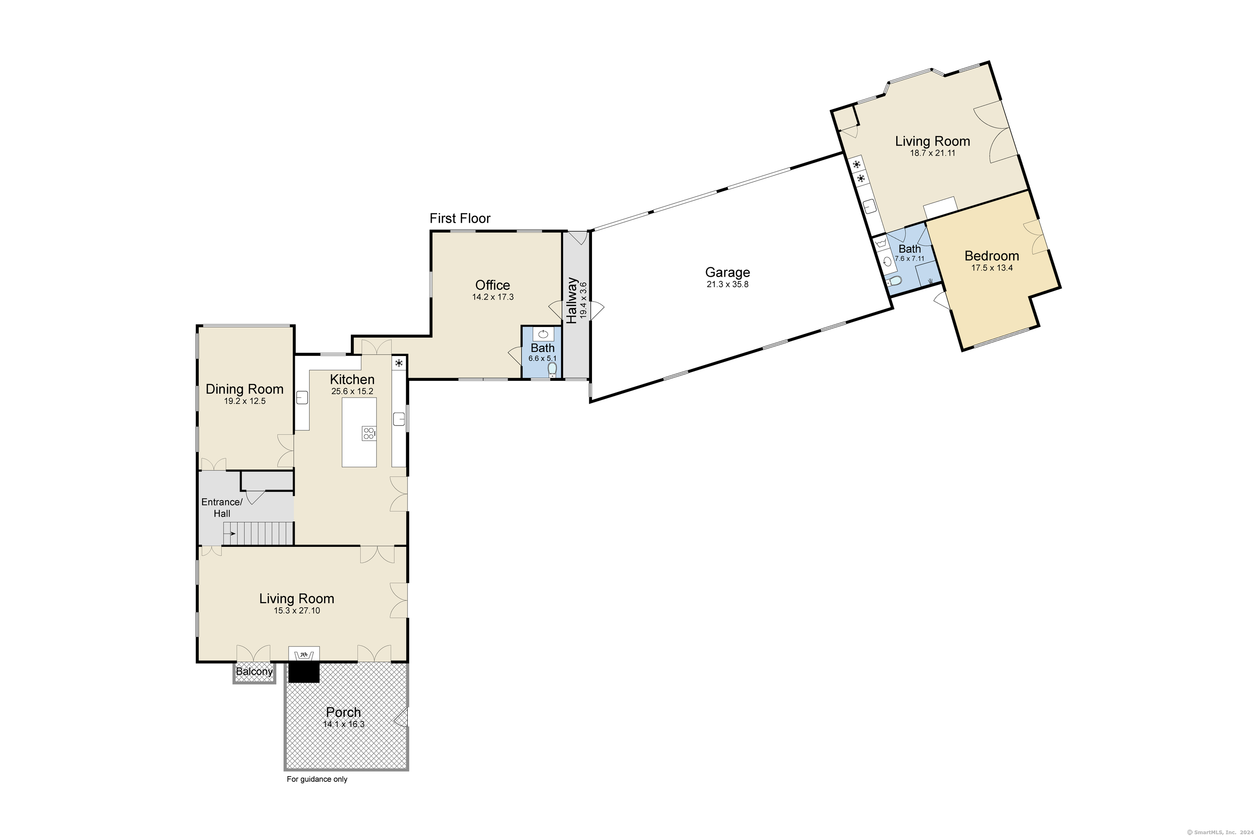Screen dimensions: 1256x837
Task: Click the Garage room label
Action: point(727,272)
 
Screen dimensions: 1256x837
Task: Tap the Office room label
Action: point(492,285)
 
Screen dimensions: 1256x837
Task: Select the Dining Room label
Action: point(244,389)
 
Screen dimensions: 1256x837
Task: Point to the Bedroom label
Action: point(991,256)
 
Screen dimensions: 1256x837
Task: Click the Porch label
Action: point(343,712)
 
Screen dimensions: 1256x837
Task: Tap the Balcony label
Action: point(254,671)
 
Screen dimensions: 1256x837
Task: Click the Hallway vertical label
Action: point(572,300)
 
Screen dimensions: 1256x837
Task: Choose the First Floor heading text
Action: point(460,218)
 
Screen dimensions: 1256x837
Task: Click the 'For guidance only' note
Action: point(317,779)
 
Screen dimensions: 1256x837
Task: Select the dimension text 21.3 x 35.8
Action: point(727,284)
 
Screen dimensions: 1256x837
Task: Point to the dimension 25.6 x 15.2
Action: point(352,391)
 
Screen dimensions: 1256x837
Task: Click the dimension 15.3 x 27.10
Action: point(297,611)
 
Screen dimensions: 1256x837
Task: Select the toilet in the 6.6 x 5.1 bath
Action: point(552,369)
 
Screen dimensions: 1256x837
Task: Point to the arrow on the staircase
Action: point(230,533)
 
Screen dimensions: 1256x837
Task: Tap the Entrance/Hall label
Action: point(222,508)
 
